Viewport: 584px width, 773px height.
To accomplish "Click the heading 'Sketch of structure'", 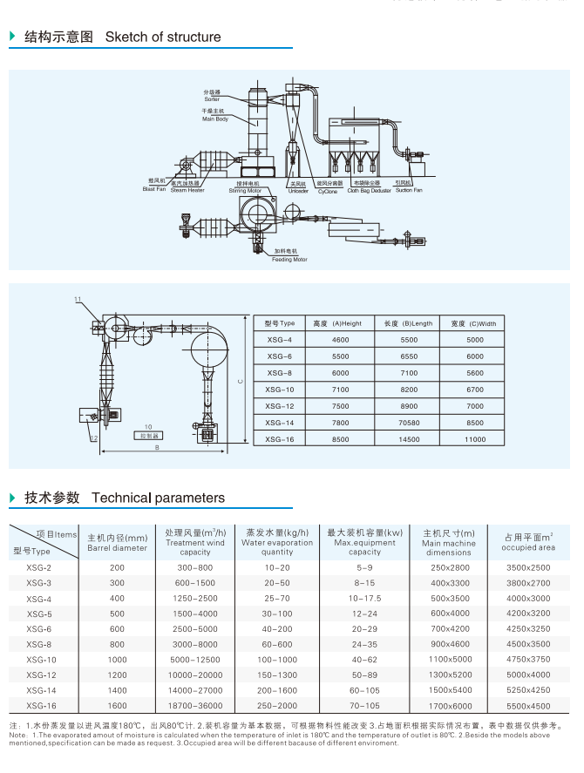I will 162,37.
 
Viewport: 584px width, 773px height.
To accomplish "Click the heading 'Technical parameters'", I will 158,498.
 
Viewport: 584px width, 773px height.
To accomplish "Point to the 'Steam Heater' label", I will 187,190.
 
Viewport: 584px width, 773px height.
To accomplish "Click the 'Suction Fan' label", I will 408,190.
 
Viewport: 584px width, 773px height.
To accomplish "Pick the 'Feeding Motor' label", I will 289,259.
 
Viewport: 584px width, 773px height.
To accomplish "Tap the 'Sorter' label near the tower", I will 213,99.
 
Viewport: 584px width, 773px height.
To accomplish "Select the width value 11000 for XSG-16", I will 474,440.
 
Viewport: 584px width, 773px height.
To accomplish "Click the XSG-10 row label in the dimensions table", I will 280,390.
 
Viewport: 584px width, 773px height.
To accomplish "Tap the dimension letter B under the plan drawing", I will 156,448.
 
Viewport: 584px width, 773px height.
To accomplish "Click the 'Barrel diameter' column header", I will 118,548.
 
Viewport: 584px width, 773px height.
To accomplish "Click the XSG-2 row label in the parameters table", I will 39,567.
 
